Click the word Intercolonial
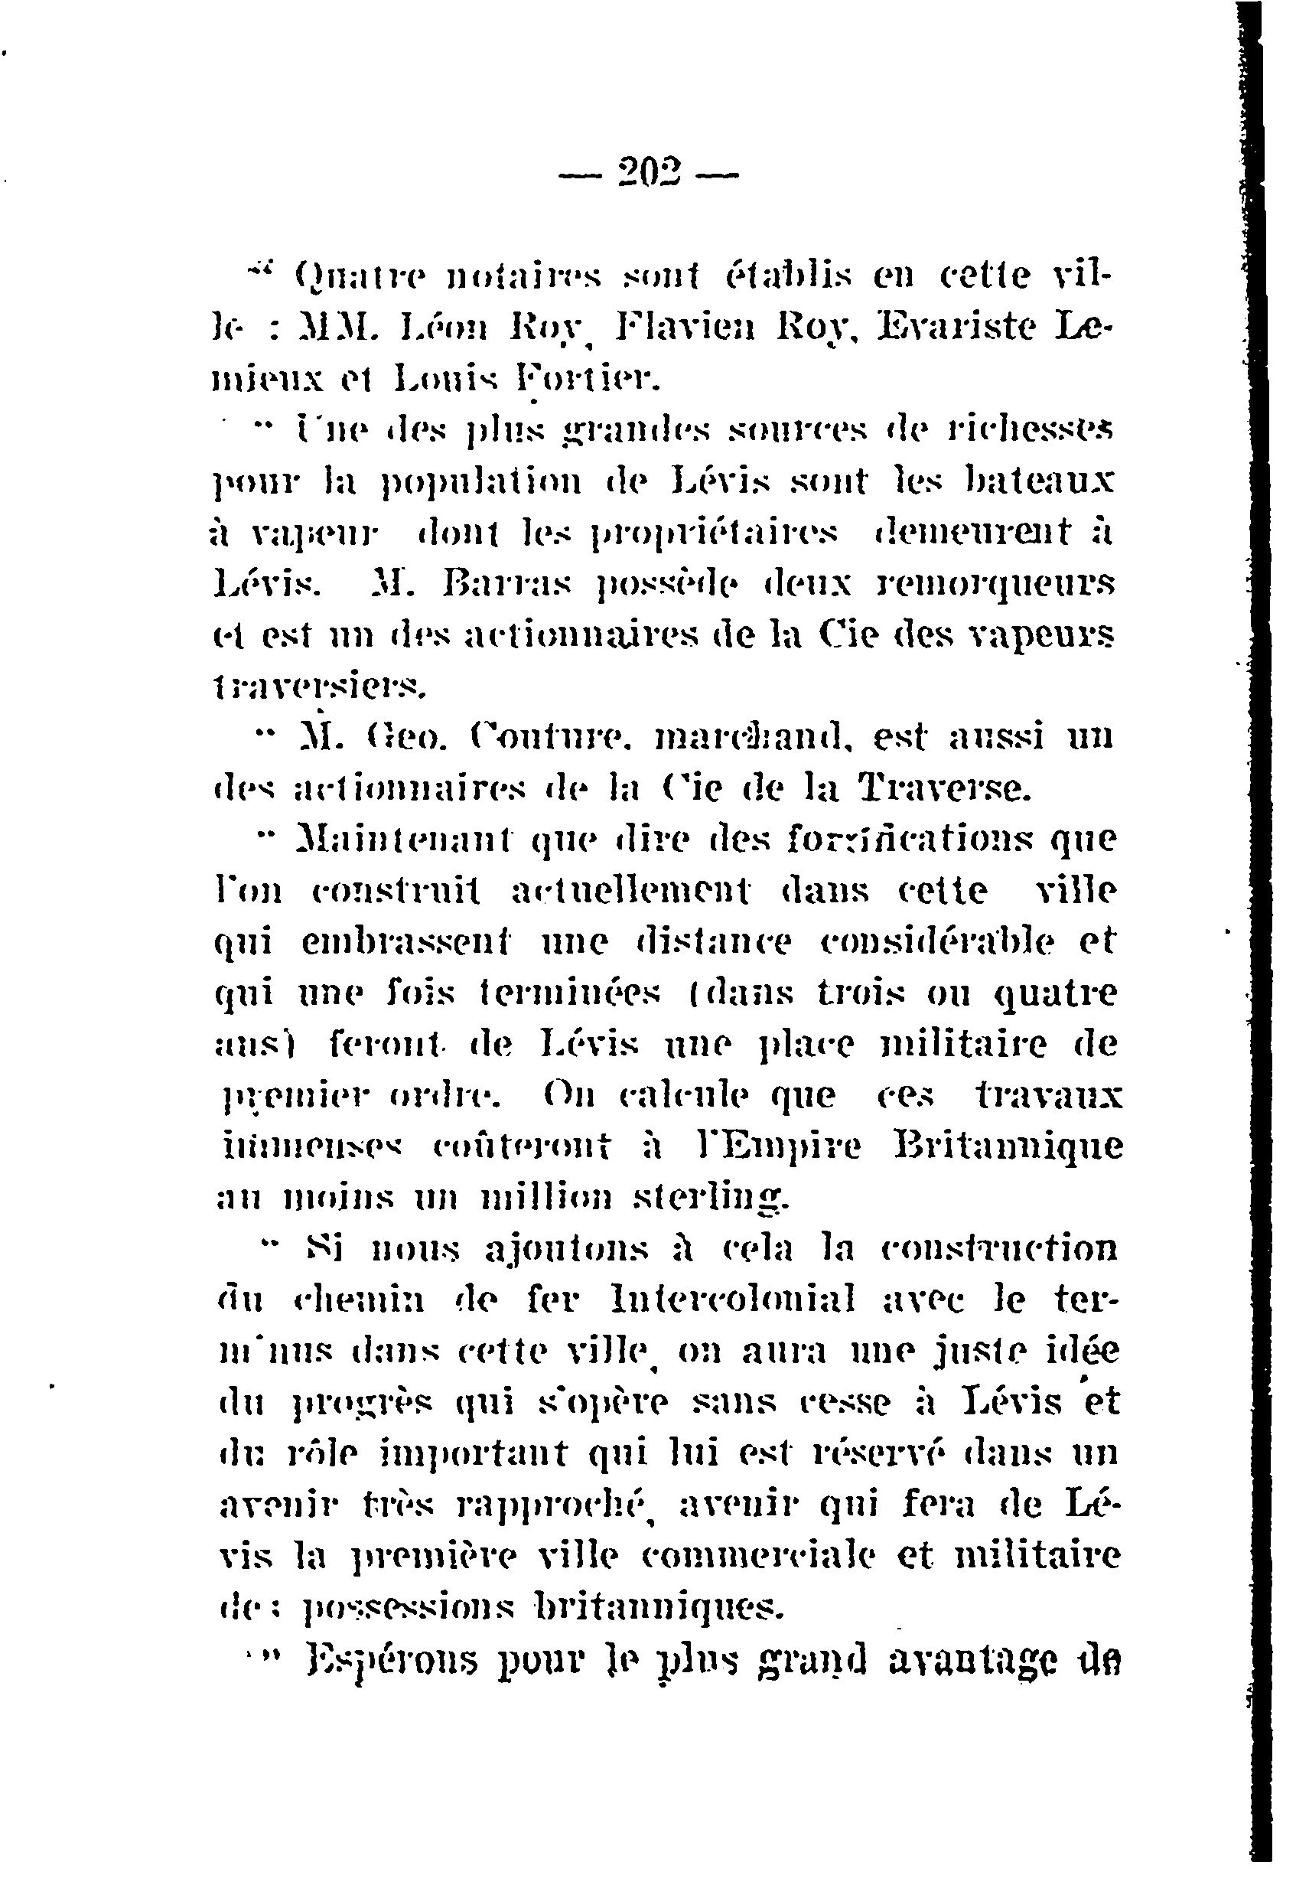(731, 1300)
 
